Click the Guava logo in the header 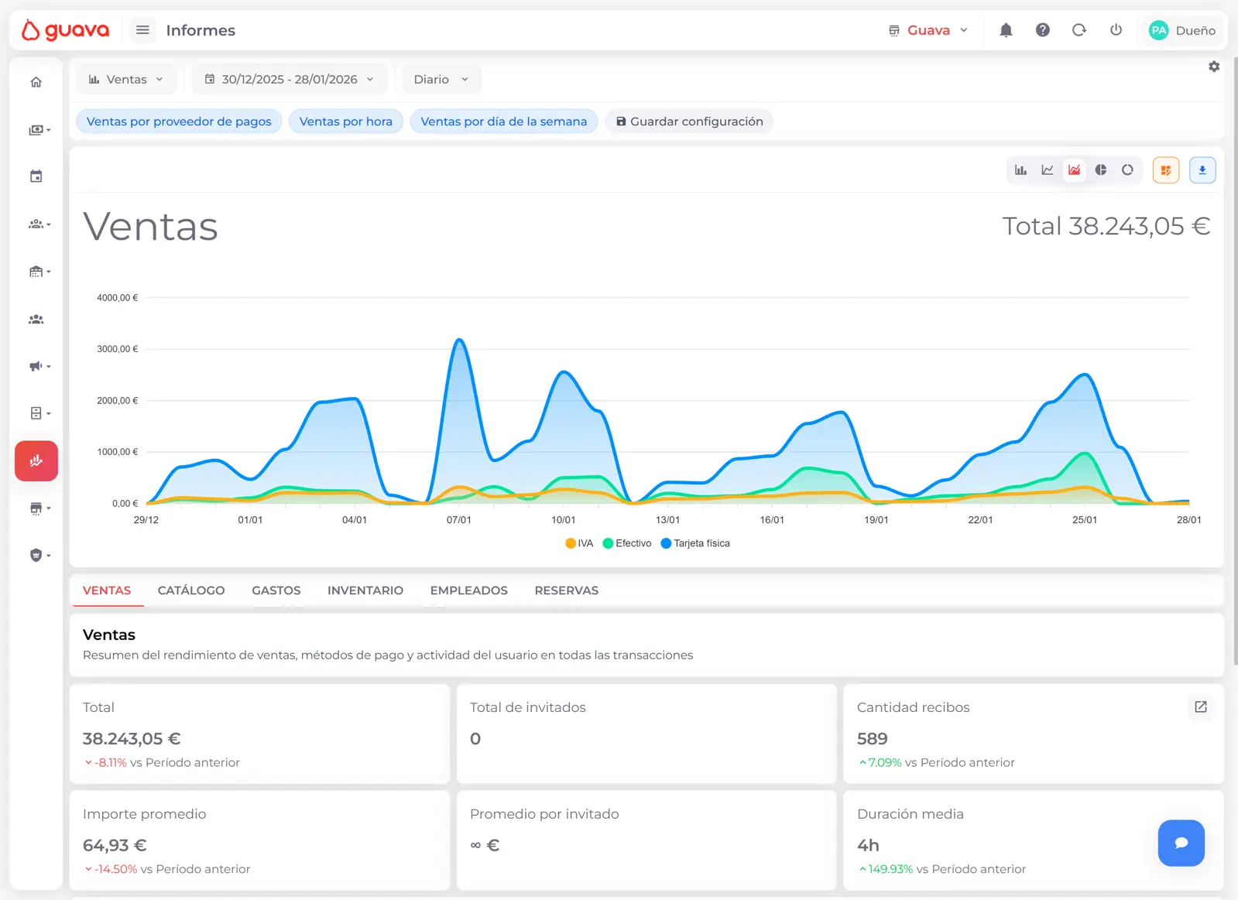(x=65, y=30)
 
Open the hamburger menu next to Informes (x=142, y=30)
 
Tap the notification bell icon (x=1006, y=30)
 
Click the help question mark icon (x=1043, y=30)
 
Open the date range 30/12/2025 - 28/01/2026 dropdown (x=290, y=79)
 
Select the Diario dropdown (x=441, y=79)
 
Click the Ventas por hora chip (x=345, y=121)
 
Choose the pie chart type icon (x=1101, y=170)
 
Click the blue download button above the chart (x=1202, y=170)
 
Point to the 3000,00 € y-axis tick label (x=117, y=349)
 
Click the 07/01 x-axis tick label (x=458, y=520)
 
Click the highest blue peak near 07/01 (x=459, y=340)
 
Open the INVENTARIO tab (x=365, y=590)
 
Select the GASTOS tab (x=276, y=590)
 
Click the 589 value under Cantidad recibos (x=872, y=738)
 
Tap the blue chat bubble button (x=1181, y=843)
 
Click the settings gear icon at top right (x=1214, y=67)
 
